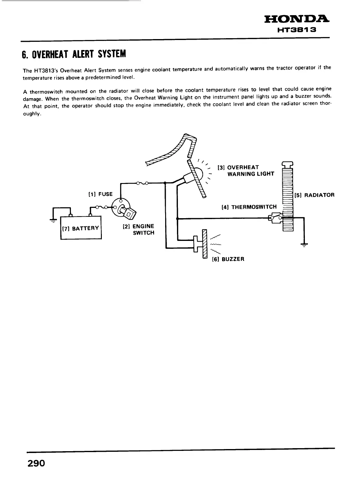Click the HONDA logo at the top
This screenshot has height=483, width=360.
pyautogui.click(x=297, y=20)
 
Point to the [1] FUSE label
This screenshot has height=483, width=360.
pyautogui.click(x=100, y=194)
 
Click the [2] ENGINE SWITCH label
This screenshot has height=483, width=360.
pyautogui.click(x=138, y=229)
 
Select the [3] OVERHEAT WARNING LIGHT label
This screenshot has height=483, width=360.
pyautogui.click(x=246, y=171)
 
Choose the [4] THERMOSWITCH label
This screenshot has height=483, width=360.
pyautogui.click(x=249, y=207)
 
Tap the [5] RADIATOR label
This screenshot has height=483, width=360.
pyautogui.click(x=315, y=195)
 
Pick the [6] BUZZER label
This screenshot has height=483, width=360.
pyautogui.click(x=228, y=259)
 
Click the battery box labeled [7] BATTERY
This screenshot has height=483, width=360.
pyautogui.click(x=81, y=228)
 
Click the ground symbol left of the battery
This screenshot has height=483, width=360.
pyautogui.click(x=54, y=220)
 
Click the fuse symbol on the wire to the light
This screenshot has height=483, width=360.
pyautogui.click(x=142, y=183)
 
